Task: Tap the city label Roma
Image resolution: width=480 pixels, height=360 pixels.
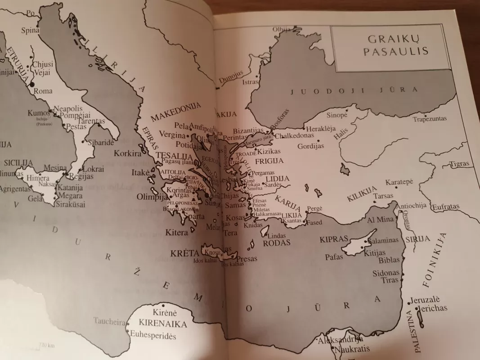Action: click(44, 91)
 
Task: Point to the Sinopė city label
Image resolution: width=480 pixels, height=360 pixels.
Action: click(336, 115)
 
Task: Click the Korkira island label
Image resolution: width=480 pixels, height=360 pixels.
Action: click(128, 153)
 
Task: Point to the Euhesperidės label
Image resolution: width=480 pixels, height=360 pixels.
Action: click(153, 336)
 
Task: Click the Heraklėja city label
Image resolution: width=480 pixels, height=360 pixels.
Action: click(321, 128)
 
